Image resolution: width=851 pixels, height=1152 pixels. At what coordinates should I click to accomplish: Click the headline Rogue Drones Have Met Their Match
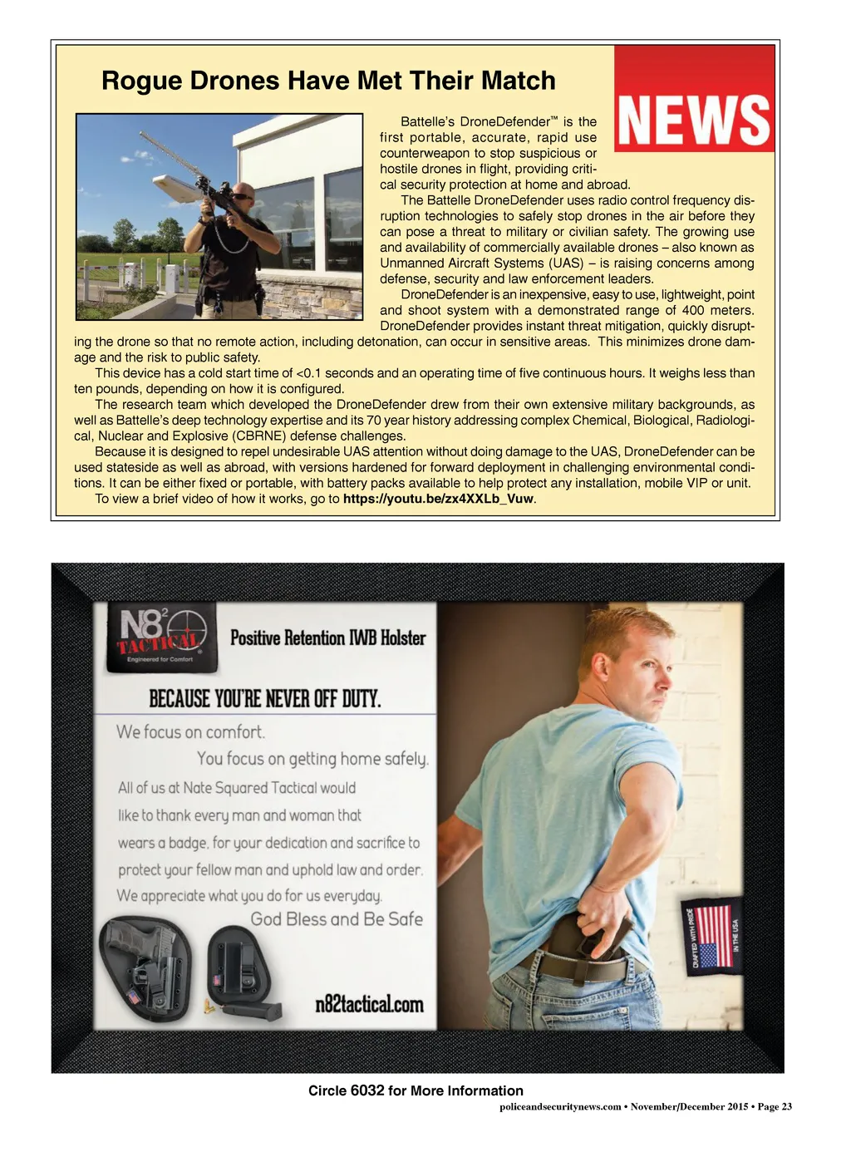328,81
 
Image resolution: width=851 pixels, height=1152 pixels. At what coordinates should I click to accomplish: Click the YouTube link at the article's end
438,499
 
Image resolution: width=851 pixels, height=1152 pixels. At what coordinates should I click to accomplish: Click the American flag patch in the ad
714,934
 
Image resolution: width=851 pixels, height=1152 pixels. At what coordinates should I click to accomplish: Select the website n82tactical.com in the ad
369,1004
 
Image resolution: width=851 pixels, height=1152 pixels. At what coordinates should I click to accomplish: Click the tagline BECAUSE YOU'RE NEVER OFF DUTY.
264,698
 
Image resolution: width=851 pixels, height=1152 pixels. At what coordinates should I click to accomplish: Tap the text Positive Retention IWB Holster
327,638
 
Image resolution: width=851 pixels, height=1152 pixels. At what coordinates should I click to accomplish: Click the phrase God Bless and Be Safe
337,919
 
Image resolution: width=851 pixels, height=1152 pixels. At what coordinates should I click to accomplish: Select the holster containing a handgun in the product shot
146,968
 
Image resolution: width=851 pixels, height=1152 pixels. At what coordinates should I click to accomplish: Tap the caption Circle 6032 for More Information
416,1090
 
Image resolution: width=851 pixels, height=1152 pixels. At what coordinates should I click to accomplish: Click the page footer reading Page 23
775,1106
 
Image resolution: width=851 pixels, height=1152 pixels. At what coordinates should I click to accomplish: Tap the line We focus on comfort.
190,732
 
